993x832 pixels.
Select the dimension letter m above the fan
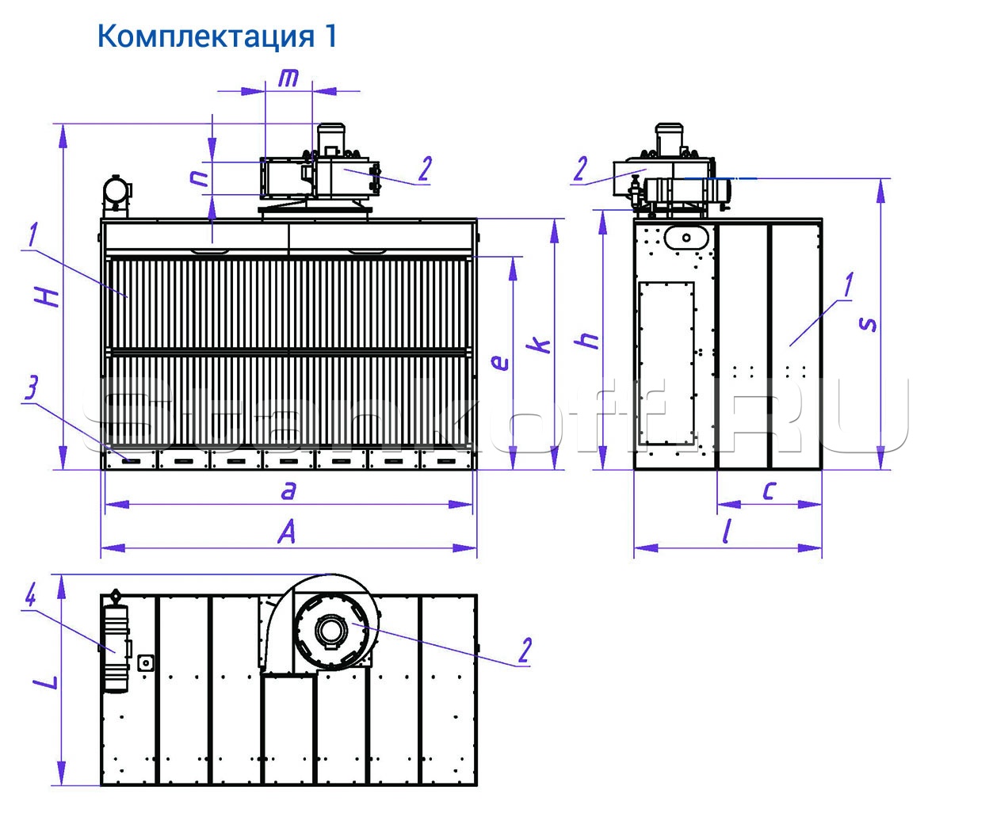pyautogui.click(x=289, y=78)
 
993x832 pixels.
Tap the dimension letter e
pyautogui.click(x=499, y=362)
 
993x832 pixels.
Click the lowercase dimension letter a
pyautogui.click(x=288, y=490)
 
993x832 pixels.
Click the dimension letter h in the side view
pyautogui.click(x=589, y=340)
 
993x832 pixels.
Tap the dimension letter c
pyautogui.click(x=768, y=490)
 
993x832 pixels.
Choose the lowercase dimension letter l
pyautogui.click(x=726, y=532)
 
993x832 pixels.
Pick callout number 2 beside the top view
pyautogui.click(x=524, y=650)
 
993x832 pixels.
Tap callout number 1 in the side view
pyautogui.click(x=849, y=284)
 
